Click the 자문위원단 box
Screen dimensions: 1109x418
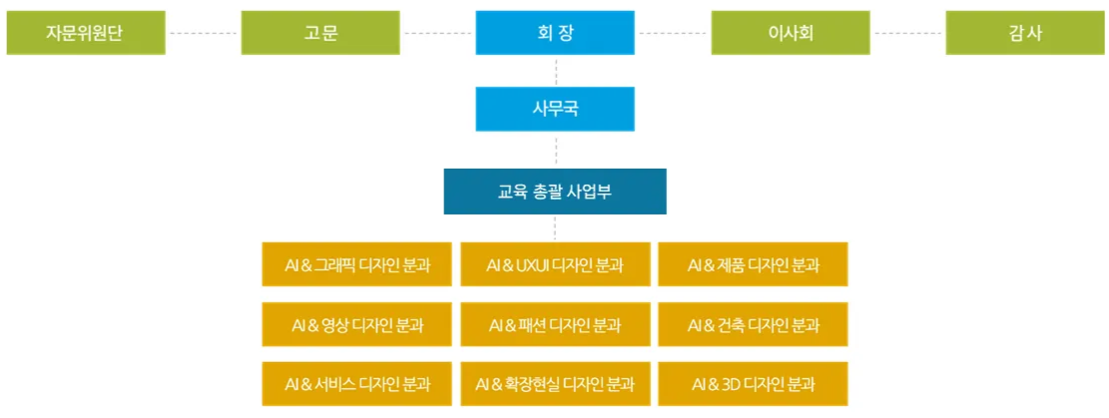pos(86,33)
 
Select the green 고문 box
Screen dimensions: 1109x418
pos(320,33)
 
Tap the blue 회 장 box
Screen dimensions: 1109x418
pos(555,33)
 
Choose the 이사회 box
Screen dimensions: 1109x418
pos(791,33)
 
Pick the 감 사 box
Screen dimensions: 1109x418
pos(1025,33)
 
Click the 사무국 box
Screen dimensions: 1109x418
pos(555,109)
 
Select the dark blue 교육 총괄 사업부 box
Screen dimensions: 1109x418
pos(555,191)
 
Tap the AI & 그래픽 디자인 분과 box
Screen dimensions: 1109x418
pos(356,264)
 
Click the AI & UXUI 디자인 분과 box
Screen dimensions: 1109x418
pos(555,264)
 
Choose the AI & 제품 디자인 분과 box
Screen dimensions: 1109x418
pos(754,264)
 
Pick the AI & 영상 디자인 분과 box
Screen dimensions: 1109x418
pos(356,324)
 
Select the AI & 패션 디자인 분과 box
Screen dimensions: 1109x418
pos(555,324)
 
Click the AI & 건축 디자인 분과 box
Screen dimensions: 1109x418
pos(754,324)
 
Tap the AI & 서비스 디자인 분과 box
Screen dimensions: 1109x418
pos(356,384)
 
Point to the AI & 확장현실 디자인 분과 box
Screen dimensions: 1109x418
pos(555,384)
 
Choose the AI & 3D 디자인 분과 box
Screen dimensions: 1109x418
pos(754,384)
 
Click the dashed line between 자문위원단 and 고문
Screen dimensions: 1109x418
pos(204,33)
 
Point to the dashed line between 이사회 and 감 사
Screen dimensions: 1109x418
pos(908,33)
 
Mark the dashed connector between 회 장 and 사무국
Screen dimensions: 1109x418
pos(556,71)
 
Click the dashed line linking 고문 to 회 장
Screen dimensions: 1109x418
pos(438,33)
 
